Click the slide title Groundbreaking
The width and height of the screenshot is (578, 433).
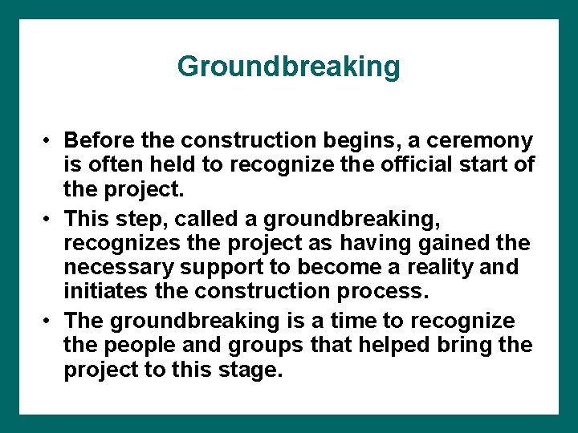tap(288, 66)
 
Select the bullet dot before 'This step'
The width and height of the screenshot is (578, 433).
tap(49, 219)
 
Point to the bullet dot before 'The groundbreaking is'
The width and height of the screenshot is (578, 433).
tap(49, 322)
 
